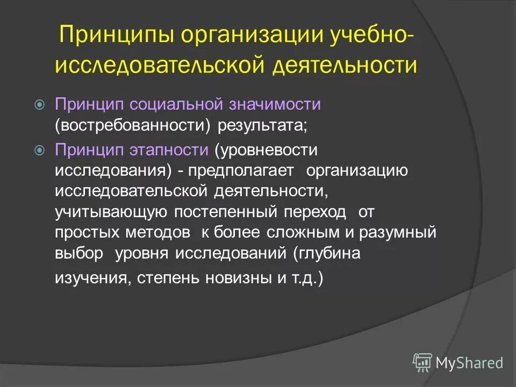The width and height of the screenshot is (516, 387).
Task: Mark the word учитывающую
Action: coord(111,212)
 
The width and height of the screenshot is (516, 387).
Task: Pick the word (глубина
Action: coord(327,254)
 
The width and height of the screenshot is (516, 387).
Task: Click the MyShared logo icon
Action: coord(422,362)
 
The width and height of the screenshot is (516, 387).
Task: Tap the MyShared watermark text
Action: coord(469,363)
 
